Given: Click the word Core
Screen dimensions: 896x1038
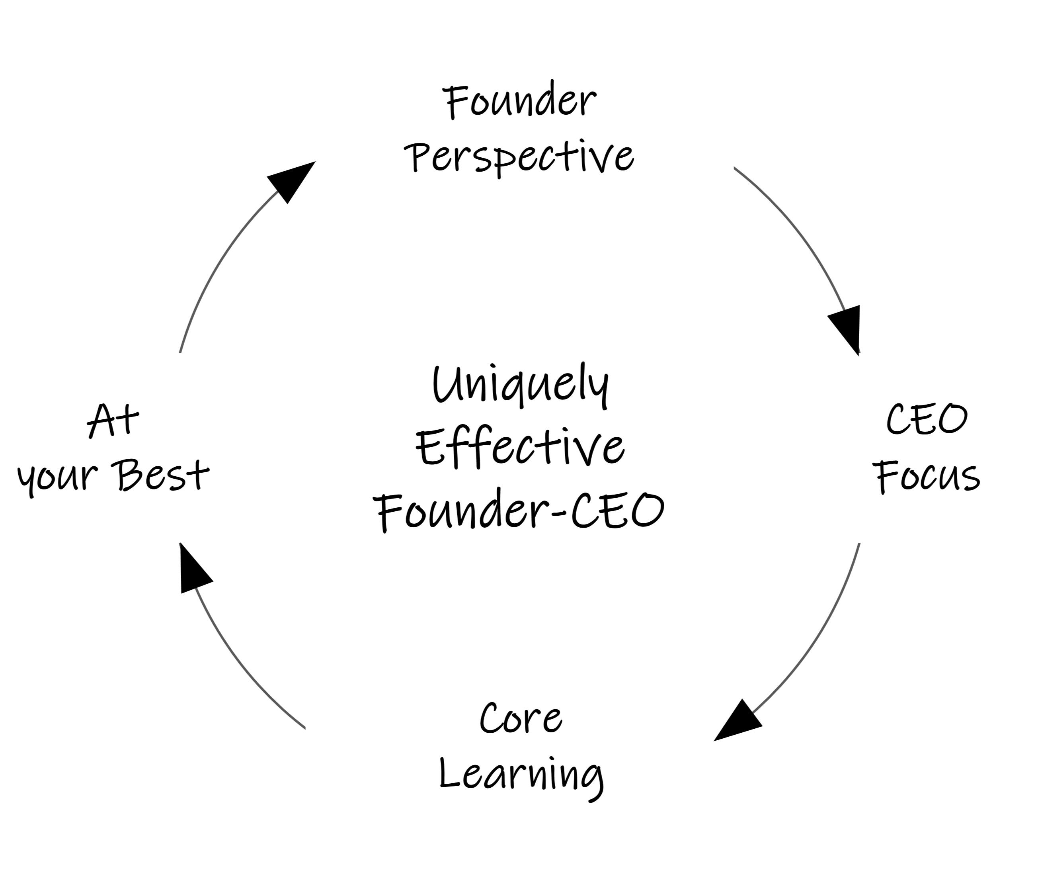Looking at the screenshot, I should tap(521, 719).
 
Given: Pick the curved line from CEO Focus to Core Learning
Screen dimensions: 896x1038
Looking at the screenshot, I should tap(821, 636).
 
